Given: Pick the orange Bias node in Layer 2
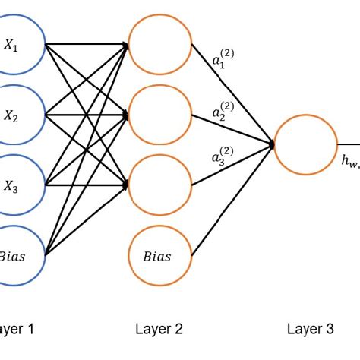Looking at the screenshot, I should click(160, 255).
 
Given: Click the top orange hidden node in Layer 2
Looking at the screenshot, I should click(160, 46).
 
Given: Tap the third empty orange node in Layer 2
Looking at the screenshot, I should click(160, 185).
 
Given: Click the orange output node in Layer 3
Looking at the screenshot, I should click(305, 144).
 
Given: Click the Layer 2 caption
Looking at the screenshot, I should click(159, 329).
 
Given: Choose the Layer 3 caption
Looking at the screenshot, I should click(310, 329).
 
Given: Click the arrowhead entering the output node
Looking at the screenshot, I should click(270, 143).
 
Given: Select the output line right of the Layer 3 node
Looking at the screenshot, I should click(348, 144).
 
